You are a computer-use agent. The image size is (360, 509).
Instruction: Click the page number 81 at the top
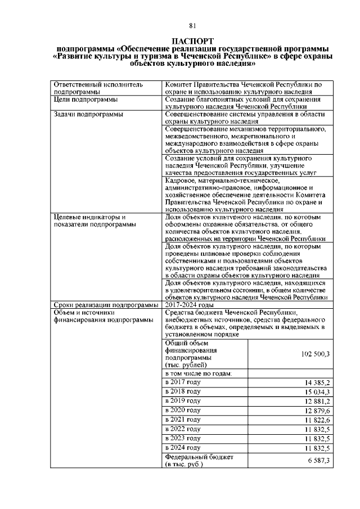point(192,26)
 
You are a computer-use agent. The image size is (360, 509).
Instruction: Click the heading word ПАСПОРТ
point(192,42)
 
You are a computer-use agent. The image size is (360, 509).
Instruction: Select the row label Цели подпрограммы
point(85,100)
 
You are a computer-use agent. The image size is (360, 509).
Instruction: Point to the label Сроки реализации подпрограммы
point(106,304)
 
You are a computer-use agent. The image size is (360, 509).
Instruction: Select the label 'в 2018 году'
point(183,391)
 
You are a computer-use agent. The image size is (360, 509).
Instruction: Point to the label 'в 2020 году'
point(183,409)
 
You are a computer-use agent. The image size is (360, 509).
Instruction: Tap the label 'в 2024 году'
point(183,448)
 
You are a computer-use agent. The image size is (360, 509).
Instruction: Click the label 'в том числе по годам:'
point(199,373)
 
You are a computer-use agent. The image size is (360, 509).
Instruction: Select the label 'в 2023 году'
point(183,438)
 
